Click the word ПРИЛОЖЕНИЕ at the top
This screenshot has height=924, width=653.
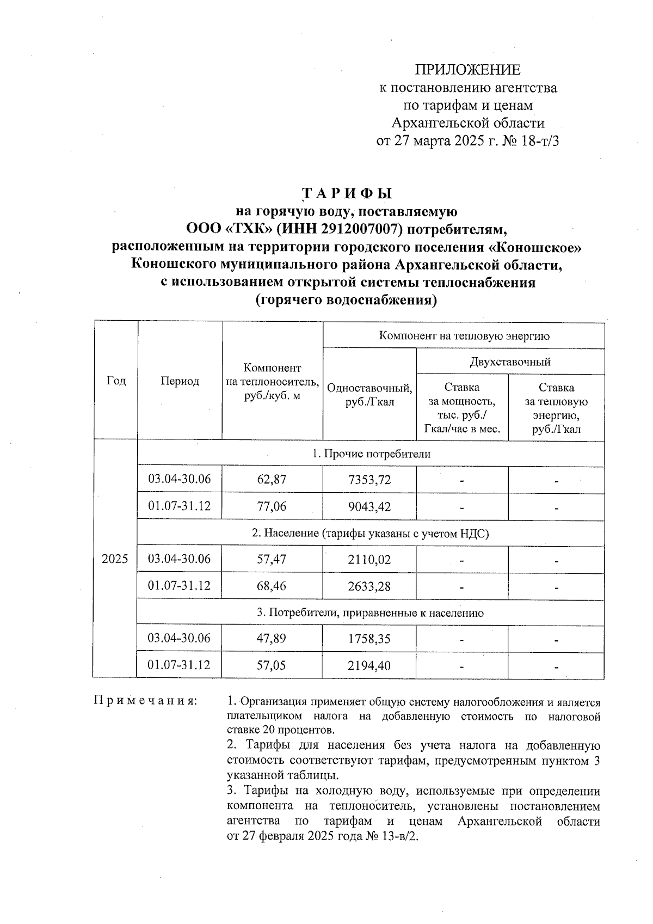(467, 70)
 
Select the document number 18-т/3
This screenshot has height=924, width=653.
(539, 141)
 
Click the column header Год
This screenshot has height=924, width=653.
(115, 381)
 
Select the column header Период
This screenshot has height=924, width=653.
(180, 381)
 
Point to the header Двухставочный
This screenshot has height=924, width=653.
(510, 362)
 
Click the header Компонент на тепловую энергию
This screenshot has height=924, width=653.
(464, 335)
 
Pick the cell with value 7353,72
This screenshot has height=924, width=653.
(369, 480)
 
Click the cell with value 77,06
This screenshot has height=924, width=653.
(272, 506)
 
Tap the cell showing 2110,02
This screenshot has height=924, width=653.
(369, 559)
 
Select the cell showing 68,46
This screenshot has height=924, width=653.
(272, 586)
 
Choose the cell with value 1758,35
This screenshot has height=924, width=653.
(369, 638)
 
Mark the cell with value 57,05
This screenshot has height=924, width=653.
(272, 665)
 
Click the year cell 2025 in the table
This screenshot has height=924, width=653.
(115, 559)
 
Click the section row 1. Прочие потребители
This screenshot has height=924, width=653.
(371, 454)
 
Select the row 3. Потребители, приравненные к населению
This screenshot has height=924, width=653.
(371, 613)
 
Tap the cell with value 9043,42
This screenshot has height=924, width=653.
(369, 506)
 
